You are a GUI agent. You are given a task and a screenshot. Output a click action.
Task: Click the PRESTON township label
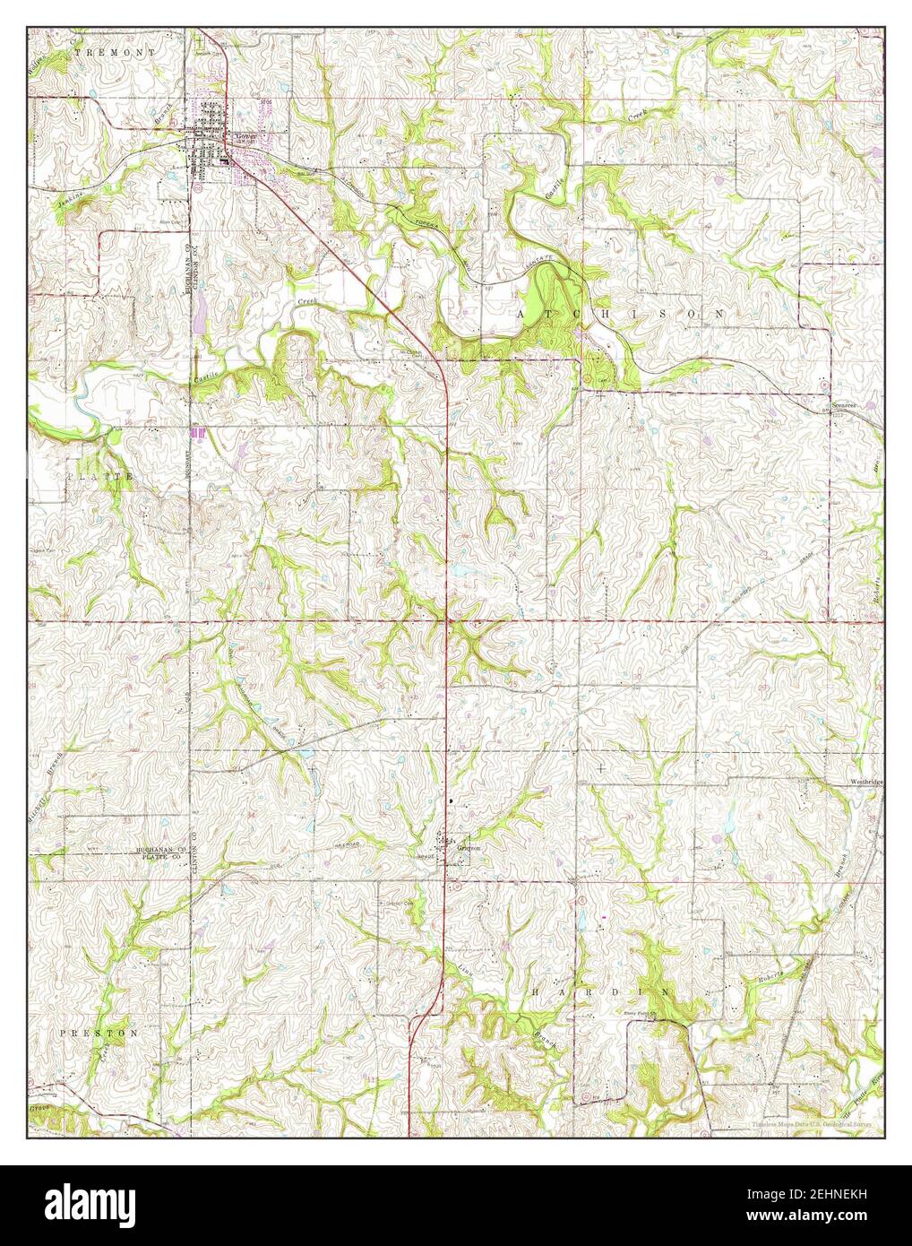(x=99, y=1033)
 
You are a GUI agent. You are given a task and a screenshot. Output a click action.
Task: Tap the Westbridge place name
(x=866, y=782)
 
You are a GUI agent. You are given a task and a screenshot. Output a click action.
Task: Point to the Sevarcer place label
(x=844, y=405)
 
